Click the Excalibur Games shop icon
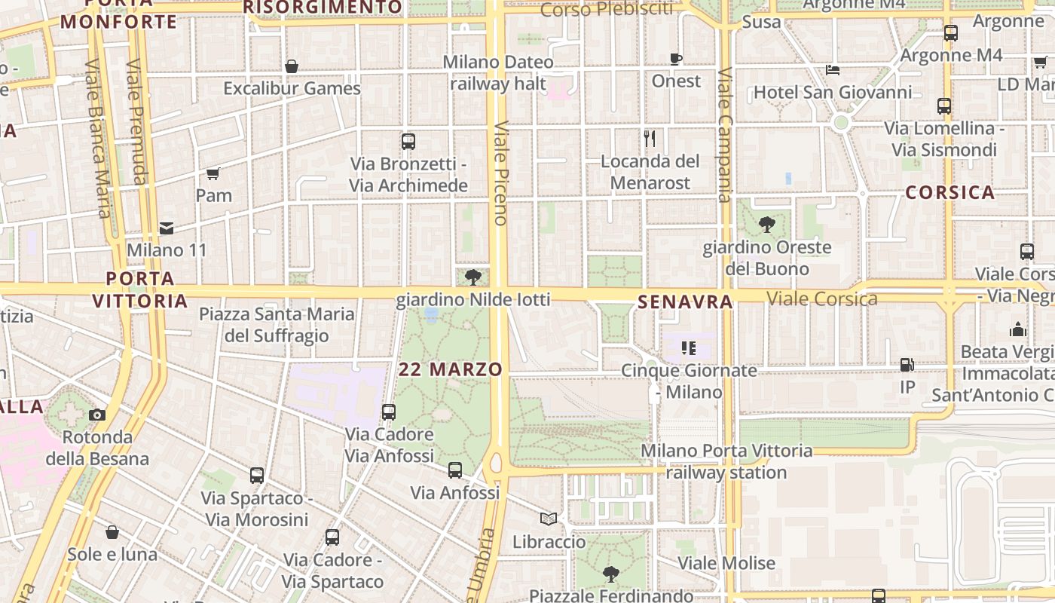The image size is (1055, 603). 292,67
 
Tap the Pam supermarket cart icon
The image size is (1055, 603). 213,174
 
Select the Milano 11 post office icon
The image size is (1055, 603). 166,228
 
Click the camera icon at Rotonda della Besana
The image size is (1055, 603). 97,415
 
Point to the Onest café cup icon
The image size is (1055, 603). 676,59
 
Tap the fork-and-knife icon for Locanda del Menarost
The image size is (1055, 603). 650,139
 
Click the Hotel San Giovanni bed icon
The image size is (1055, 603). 833,70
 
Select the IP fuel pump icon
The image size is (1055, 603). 907,365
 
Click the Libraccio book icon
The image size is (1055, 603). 549,519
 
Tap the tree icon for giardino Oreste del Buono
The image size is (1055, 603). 767,225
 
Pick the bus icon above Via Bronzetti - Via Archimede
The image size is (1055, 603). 408,142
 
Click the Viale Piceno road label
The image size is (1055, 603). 500,173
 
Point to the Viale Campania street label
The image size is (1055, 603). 725,136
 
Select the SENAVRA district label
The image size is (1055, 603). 685,302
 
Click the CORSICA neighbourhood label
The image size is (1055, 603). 949,192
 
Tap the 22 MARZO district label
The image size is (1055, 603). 451,369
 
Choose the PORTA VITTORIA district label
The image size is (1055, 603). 140,289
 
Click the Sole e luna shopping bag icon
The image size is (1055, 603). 112,532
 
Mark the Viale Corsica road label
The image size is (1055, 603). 822,299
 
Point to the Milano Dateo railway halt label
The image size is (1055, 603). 498,72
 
